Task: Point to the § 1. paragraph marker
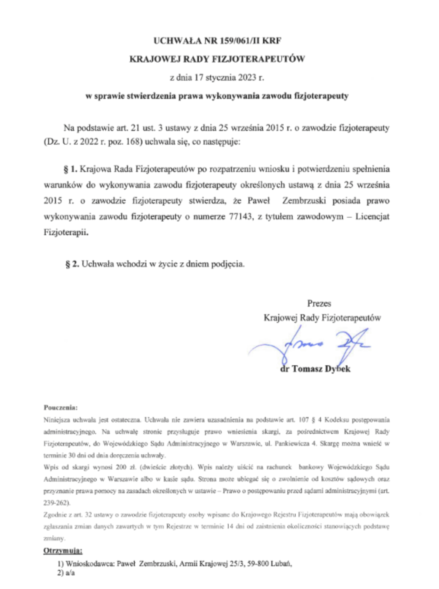coord(71,169)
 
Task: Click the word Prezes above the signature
coord(319,303)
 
